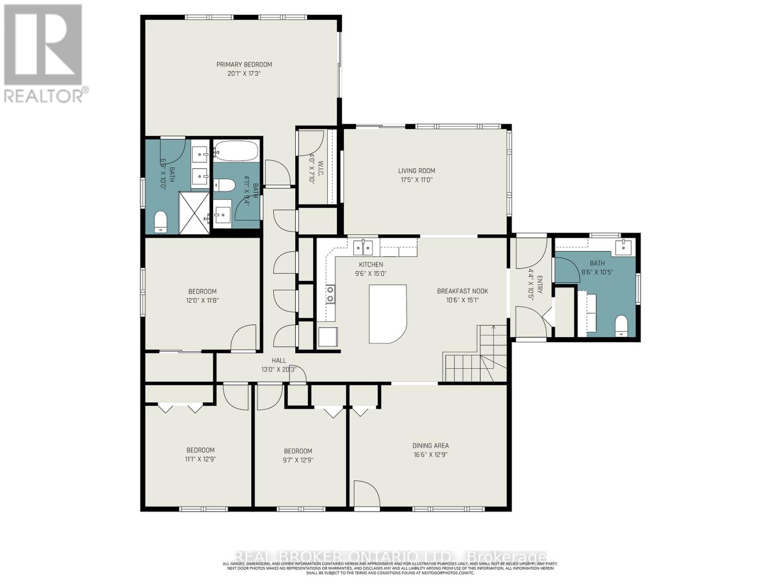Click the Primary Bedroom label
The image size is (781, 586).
point(244,64)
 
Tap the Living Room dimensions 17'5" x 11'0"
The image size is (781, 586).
point(416,180)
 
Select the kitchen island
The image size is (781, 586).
point(387,314)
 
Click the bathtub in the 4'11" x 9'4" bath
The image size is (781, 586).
point(236,151)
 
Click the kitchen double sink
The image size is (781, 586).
point(363,248)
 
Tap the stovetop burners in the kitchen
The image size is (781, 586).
point(330,294)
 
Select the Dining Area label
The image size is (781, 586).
point(430,445)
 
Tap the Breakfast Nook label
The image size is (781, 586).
point(462,291)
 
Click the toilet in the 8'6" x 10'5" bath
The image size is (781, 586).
point(621,326)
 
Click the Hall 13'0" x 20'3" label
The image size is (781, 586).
point(279,365)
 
